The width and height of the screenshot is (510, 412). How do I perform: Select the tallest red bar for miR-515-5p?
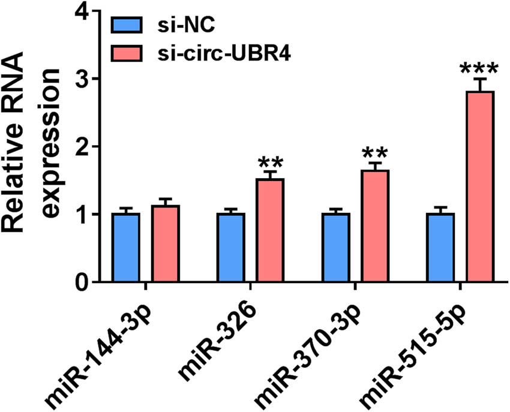(x=480, y=187)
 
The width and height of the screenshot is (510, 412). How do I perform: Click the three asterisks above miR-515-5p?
(x=480, y=68)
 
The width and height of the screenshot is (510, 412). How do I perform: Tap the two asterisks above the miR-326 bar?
(x=270, y=163)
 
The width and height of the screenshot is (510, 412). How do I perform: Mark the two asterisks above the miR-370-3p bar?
(x=376, y=154)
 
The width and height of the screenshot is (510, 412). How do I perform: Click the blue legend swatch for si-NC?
(x=127, y=26)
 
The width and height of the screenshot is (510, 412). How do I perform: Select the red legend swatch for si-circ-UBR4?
(x=127, y=53)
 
